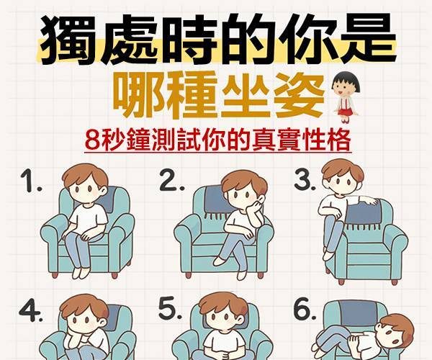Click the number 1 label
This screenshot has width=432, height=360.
[x=30, y=181]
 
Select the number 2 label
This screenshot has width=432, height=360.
[x=171, y=181]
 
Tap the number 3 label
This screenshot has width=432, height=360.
[x=305, y=180]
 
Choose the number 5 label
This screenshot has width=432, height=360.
[x=170, y=308]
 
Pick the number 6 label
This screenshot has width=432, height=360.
[x=305, y=309]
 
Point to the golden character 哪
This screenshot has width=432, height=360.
[x=138, y=95]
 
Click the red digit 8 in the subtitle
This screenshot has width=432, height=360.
[x=91, y=140]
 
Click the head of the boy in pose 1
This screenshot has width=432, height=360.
[x=85, y=184]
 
